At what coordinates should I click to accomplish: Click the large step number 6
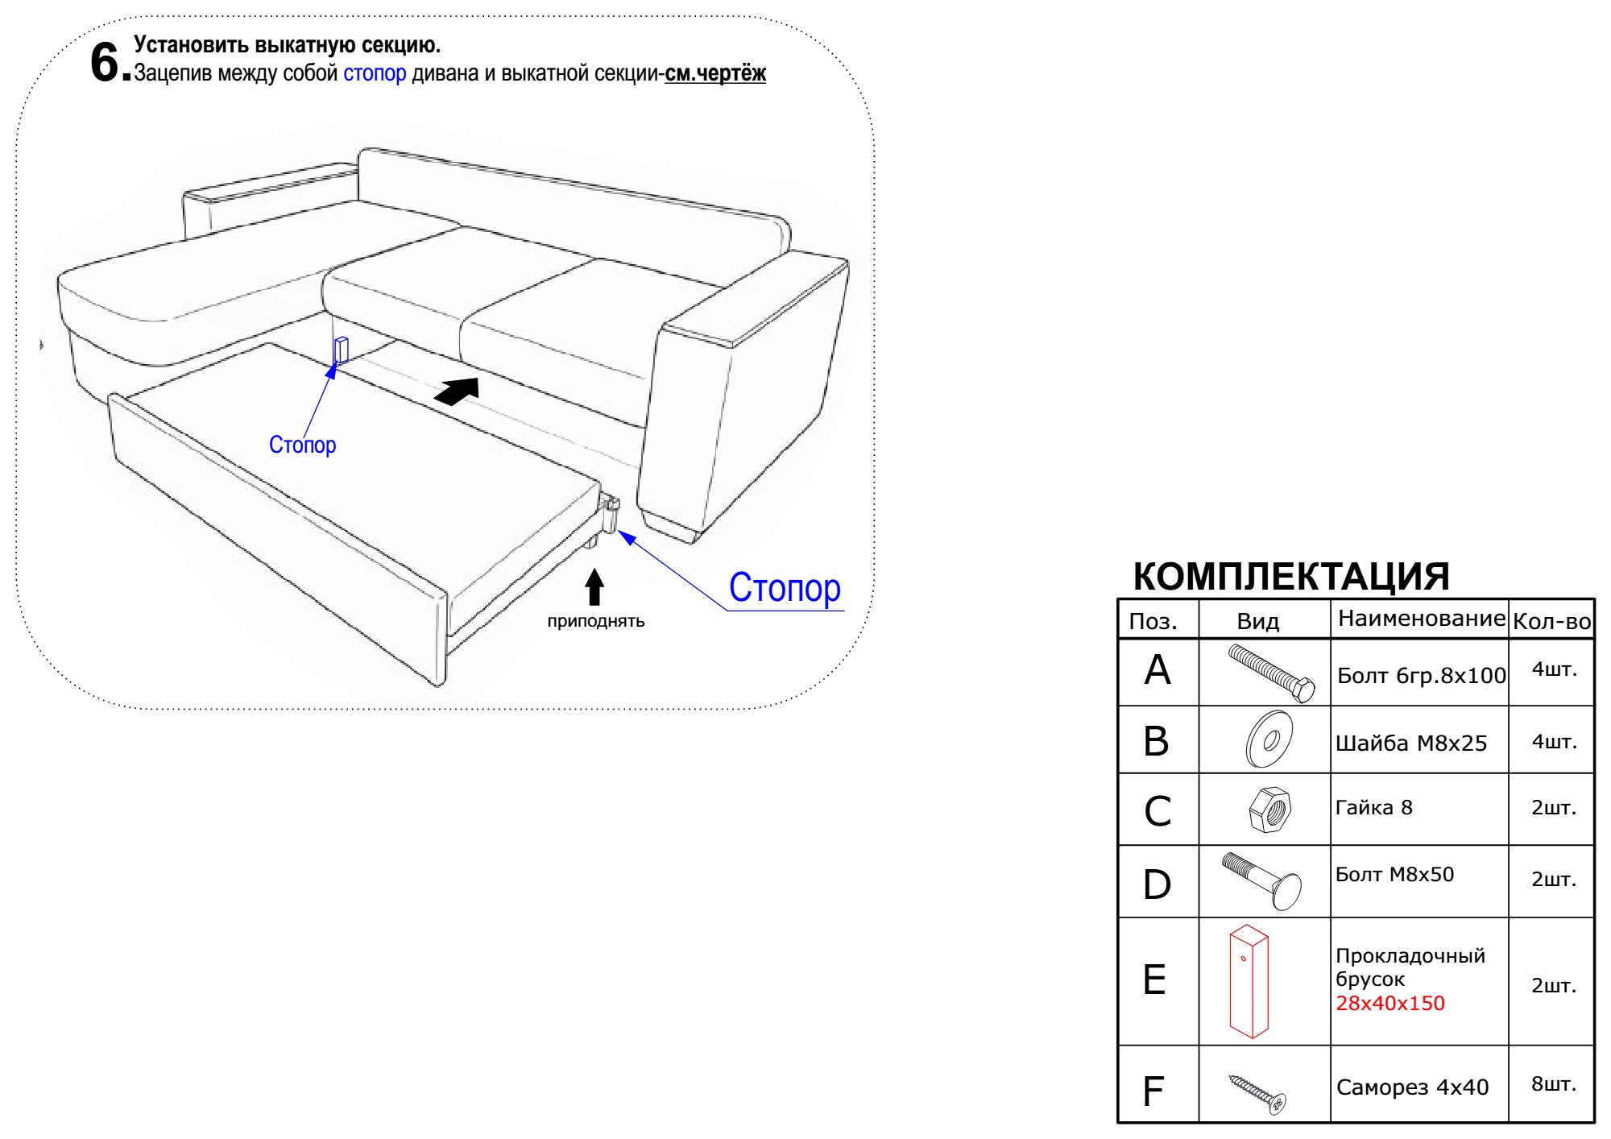point(106,62)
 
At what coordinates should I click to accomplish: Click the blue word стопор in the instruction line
point(375,73)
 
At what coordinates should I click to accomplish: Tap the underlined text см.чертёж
point(715,73)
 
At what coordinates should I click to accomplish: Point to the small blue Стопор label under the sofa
point(302,445)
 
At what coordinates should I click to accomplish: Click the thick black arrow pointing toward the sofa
point(457,391)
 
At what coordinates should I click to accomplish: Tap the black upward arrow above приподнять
point(594,587)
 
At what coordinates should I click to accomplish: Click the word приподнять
point(596,621)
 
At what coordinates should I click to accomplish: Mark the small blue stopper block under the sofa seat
point(342,350)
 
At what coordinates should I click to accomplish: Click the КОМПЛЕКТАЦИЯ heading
point(1291,577)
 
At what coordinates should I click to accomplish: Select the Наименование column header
point(1421,619)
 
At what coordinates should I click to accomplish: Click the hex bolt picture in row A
point(1271,673)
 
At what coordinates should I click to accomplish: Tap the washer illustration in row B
point(1269,739)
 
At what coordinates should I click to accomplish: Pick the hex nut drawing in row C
point(1270,810)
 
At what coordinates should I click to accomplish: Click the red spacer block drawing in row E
point(1249,981)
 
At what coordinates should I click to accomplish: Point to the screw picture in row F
point(1257,1093)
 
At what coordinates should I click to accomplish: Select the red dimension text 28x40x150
point(1390,1004)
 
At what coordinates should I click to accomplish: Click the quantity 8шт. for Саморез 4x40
point(1554,1084)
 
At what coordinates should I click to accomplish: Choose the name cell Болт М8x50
point(1395,875)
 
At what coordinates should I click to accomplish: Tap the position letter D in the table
point(1158,884)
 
